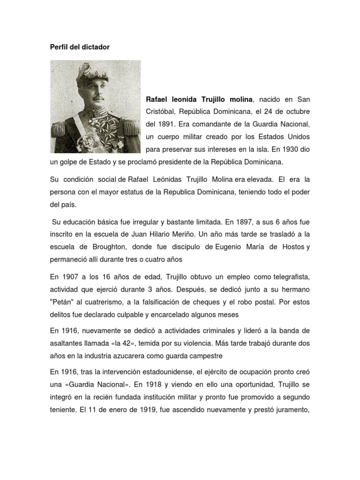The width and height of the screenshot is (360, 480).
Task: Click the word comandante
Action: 212,125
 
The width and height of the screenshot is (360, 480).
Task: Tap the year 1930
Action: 285,150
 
